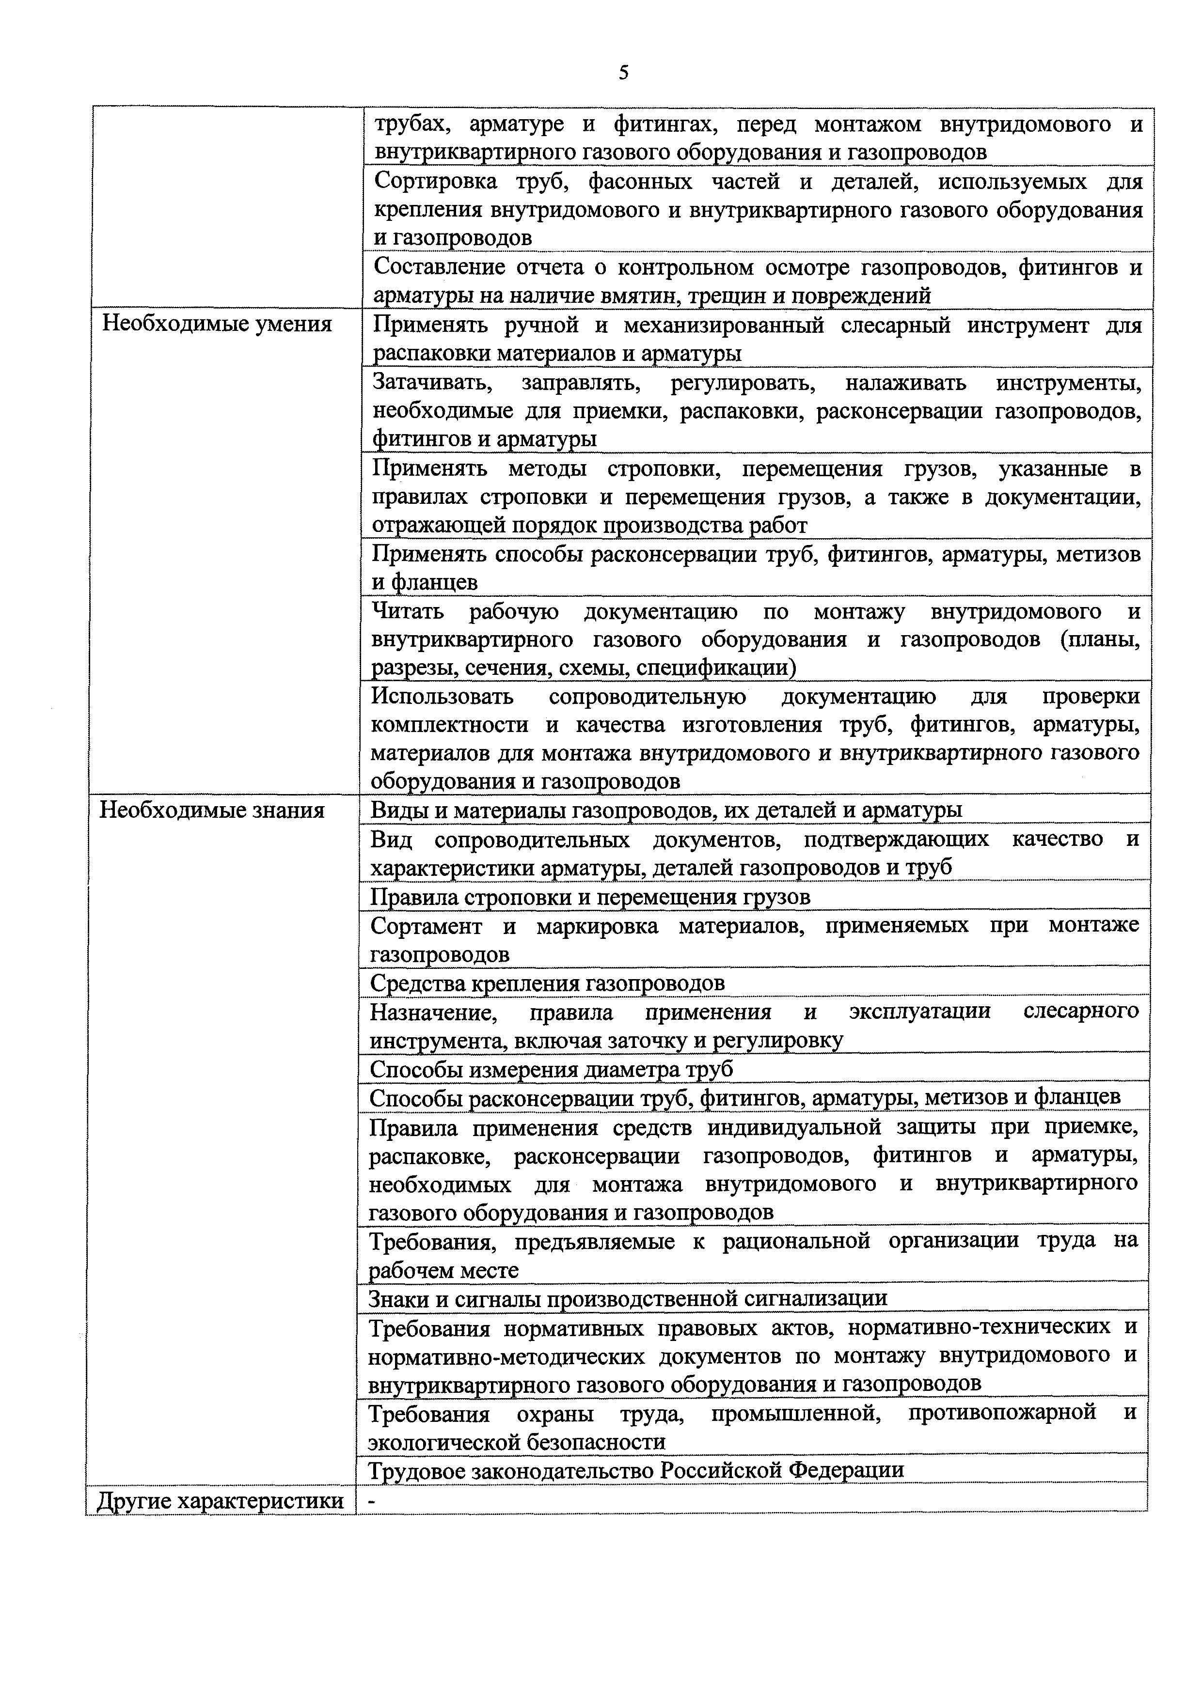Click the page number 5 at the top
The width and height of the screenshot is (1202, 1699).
623,73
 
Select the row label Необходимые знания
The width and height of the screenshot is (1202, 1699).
212,811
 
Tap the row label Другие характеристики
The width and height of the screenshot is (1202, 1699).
220,1501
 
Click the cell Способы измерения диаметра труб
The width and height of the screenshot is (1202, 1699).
552,1069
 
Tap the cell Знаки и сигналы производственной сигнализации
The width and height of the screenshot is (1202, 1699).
628,1298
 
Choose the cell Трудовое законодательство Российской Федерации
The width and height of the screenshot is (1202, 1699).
636,1469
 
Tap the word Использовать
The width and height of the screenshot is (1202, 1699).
442,697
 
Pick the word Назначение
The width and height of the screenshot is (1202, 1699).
433,1012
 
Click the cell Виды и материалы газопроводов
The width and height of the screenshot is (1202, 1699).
665,811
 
